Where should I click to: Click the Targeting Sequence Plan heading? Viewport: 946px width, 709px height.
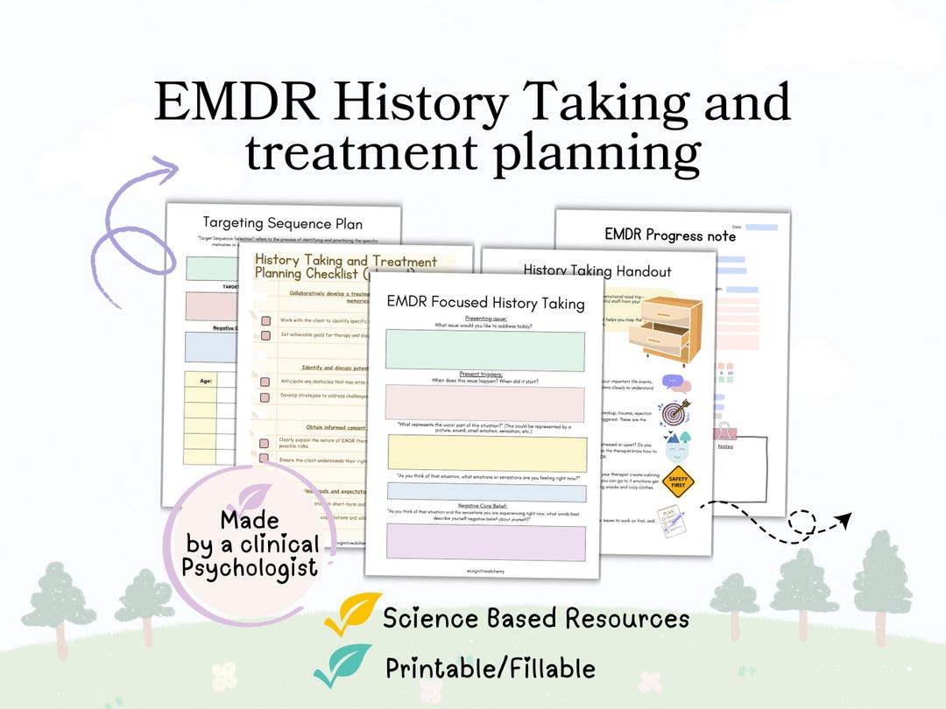[282, 222]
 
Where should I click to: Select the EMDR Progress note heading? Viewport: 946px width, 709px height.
[670, 235]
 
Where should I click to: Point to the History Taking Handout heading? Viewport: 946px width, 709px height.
[597, 270]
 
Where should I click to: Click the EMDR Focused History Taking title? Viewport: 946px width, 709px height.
[485, 303]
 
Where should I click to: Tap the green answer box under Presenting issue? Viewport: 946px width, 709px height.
[484, 350]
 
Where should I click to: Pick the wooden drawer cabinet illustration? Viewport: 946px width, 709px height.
[671, 330]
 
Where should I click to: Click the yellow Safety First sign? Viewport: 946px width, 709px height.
[678, 481]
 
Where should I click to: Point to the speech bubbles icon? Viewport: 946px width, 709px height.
[675, 383]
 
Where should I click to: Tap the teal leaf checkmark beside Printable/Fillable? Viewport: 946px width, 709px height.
[343, 665]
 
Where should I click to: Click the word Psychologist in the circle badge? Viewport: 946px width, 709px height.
[251, 567]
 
